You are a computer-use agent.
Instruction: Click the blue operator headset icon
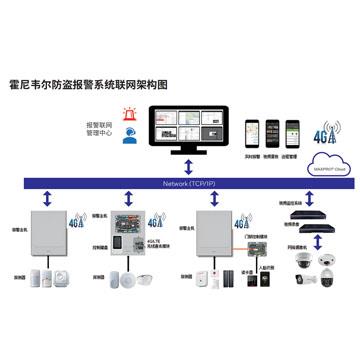coord(129,138)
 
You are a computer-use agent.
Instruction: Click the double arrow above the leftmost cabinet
coord(50,199)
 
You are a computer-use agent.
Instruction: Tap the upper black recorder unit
coord(307,213)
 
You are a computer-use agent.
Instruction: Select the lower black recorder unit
coord(307,240)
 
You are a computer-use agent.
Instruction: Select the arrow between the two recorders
coord(307,226)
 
